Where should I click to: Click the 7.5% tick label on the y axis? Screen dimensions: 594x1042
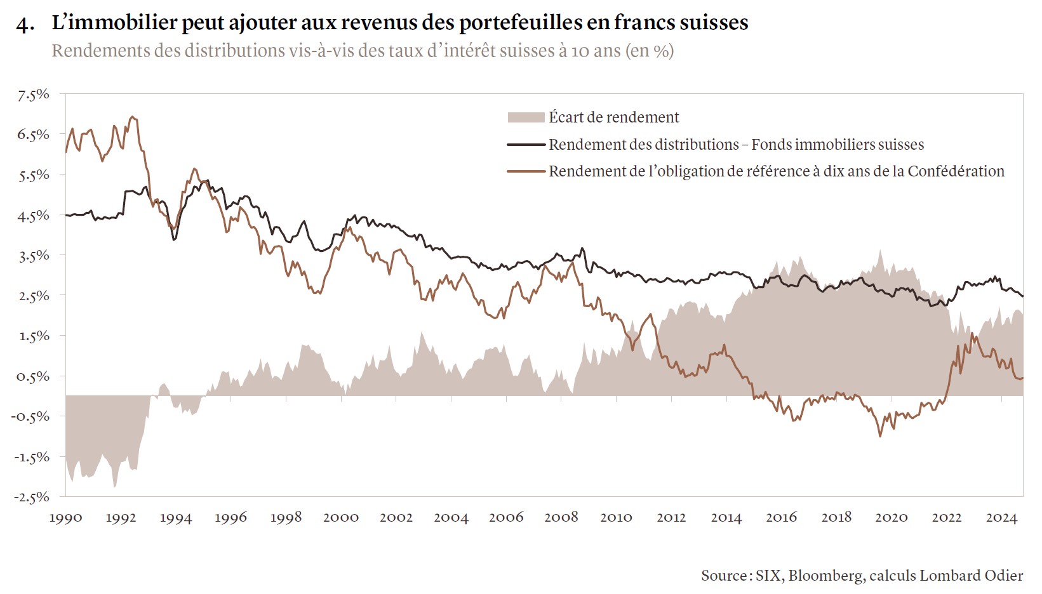34,95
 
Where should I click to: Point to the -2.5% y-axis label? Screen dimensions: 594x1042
32,497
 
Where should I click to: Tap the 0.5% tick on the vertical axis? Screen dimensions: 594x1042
34,376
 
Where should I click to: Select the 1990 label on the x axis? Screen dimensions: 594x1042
65,518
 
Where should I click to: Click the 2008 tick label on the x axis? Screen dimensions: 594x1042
561,518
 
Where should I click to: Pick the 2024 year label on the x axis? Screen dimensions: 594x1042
1001,518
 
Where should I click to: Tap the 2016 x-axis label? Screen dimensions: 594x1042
781,518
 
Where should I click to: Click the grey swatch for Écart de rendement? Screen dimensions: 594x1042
526,117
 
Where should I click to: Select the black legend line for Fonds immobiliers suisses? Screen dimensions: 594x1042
526,145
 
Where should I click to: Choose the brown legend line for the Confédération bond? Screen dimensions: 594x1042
526,171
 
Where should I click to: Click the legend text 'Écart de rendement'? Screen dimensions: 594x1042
613,117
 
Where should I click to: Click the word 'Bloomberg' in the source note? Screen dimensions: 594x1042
825,576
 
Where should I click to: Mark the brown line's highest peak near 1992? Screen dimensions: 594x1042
131,117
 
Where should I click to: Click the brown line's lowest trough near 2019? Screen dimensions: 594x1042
880,436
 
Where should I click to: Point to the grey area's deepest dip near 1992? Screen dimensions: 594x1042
114,486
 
